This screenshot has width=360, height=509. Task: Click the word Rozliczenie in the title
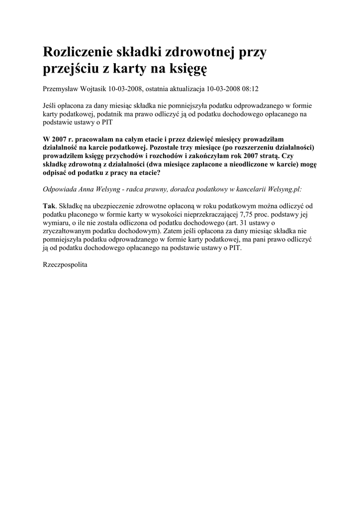click(80, 52)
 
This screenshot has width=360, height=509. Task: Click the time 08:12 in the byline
click(250, 88)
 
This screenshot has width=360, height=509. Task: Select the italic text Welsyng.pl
click(282, 189)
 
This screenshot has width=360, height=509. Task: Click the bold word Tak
click(50, 206)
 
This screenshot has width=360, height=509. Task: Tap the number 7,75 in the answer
click(235, 214)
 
